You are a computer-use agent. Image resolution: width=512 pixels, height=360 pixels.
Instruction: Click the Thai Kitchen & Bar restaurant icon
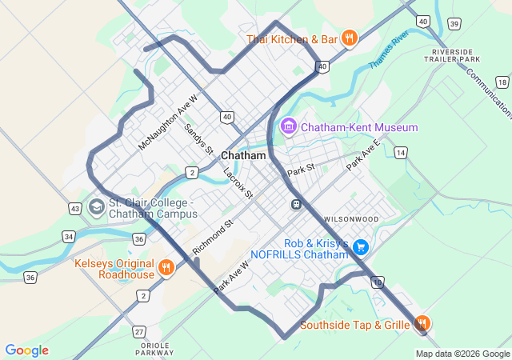tap(349, 38)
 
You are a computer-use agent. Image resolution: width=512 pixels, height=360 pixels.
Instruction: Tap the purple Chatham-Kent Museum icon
tap(289, 126)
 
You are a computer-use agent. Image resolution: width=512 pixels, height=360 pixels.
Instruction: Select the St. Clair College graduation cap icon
tap(96, 207)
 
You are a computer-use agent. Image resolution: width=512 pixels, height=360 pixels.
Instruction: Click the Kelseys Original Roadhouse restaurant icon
tap(166, 268)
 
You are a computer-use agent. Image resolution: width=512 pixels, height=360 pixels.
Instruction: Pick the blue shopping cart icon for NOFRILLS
tap(362, 246)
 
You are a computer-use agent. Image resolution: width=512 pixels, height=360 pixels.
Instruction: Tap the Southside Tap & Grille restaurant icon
tap(422, 324)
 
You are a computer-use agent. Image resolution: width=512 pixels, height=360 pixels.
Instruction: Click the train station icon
tap(296, 204)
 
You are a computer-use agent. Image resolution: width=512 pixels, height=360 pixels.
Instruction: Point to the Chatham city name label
tap(242, 155)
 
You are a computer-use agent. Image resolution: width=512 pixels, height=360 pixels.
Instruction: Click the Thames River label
tap(389, 50)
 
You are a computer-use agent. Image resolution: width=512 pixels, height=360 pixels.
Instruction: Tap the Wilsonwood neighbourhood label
tap(351, 218)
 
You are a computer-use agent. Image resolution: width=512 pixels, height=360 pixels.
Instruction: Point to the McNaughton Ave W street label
tap(167, 122)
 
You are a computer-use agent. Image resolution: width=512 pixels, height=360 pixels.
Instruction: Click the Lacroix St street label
tap(238, 183)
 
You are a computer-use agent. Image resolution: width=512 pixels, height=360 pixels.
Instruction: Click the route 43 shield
tap(74, 208)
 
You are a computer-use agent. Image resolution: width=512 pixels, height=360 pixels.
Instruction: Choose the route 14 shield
tap(400, 152)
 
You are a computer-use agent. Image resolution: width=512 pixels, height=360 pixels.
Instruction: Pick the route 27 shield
tap(140, 331)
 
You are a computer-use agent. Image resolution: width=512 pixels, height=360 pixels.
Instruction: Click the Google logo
tap(26, 350)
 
